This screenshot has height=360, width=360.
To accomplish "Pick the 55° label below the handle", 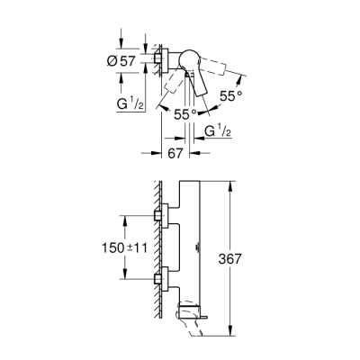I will coord(184,114).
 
